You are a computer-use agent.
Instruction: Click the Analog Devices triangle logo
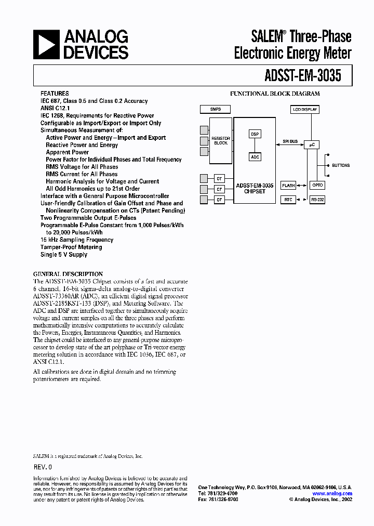coord(45,44)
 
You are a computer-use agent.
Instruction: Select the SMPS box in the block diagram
coord(215,109)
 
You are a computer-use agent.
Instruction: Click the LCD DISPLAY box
coord(305,109)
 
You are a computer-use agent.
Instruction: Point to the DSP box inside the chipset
coord(255,134)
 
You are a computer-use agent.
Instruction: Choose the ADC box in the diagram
coord(255,157)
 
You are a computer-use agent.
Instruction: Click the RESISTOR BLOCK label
coord(221,140)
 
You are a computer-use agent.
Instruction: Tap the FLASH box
coord(288,185)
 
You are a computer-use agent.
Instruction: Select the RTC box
coord(288,200)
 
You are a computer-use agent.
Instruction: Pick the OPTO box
coord(317,185)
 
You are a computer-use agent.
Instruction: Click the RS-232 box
coord(317,200)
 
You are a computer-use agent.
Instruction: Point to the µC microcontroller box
coord(312,145)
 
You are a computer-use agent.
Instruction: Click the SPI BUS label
coord(290,141)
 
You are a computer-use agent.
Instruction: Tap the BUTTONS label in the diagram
coord(341,165)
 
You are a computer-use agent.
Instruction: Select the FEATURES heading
coord(55,94)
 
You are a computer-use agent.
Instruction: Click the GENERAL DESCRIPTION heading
coord(68,274)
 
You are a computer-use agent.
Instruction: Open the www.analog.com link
coord(332,493)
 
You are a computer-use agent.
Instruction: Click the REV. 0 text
coord(43,467)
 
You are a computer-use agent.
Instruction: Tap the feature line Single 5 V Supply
coord(64,255)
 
